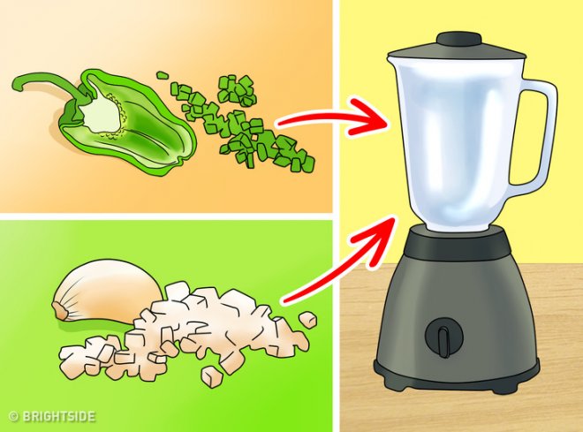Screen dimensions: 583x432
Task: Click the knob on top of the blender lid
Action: coord(458,39)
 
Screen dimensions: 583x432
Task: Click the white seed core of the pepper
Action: coord(103,113)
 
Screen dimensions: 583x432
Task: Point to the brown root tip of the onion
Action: coord(60,310)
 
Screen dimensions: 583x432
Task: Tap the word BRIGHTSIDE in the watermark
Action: coord(59,416)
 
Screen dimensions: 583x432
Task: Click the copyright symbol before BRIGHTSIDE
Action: coord(14,416)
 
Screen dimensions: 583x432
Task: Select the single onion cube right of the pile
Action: coord(308,320)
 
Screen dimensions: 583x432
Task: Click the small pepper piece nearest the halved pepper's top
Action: coord(163,76)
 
